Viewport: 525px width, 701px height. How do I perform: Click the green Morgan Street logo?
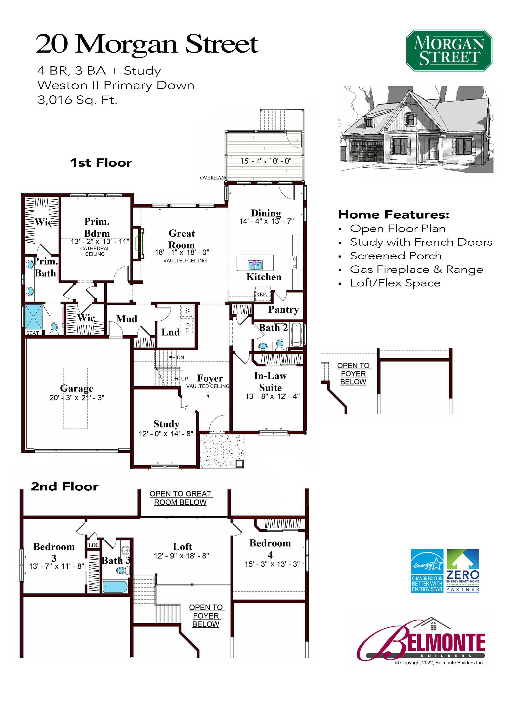point(449,50)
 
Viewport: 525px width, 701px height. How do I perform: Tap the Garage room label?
point(77,388)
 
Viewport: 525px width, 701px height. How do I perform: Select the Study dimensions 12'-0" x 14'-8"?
point(166,433)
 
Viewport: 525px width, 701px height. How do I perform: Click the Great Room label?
point(182,239)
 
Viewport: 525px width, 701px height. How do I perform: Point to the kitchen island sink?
point(255,265)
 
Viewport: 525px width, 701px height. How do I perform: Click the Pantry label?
point(283,309)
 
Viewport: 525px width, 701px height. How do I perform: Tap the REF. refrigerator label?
point(261,294)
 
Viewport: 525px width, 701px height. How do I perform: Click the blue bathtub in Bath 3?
point(115,587)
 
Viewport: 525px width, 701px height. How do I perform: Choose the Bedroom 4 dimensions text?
point(272,564)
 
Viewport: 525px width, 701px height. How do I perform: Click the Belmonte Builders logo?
point(421,639)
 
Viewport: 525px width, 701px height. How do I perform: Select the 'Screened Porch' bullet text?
point(395,256)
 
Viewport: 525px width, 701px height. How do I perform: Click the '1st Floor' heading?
point(101,163)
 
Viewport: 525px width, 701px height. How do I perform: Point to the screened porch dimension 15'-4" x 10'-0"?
point(266,161)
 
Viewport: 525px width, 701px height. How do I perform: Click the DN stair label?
point(180,358)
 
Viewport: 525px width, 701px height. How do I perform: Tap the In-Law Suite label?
point(270,382)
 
